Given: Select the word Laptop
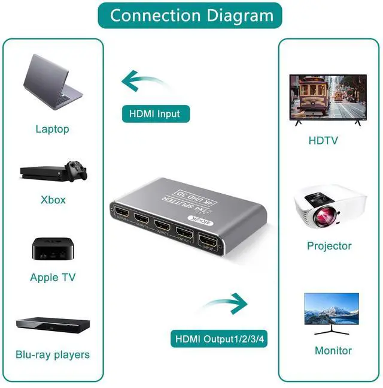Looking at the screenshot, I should click(53, 129).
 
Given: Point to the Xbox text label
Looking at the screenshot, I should click(53, 200).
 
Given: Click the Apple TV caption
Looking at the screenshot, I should click(53, 278).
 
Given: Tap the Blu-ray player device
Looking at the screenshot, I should click(53, 324).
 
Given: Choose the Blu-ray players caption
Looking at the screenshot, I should click(53, 354).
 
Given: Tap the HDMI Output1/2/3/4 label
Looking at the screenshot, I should click(219, 339).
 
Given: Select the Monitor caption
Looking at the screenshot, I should click(333, 351).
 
